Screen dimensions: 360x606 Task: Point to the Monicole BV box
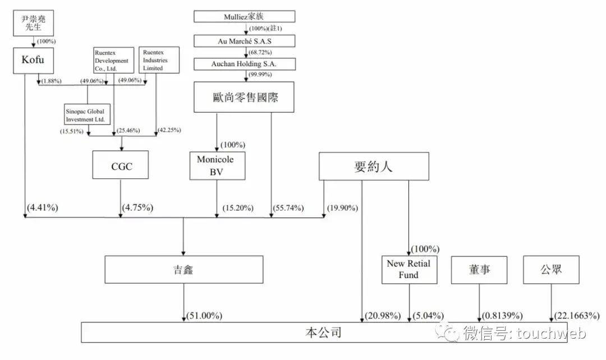(217, 165)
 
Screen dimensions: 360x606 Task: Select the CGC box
(121, 165)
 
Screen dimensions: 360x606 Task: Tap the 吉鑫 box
(183, 270)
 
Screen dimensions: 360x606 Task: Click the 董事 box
(479, 270)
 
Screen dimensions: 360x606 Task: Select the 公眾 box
(550, 270)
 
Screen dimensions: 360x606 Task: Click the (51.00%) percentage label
(204, 316)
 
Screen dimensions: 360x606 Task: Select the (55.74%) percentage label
(288, 208)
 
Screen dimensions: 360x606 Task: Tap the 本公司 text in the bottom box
(323, 333)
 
